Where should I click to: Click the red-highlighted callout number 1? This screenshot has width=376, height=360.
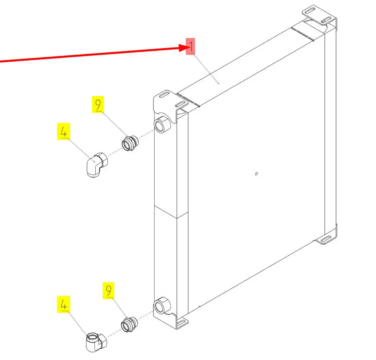tap(190, 46)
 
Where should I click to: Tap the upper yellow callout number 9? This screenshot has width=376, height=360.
tap(98, 105)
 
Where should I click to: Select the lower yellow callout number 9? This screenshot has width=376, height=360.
tap(109, 291)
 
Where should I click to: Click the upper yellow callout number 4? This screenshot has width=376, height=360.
tap(64, 131)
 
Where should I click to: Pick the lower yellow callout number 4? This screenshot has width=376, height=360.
tap(64, 304)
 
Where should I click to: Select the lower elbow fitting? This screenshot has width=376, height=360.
tap(97, 342)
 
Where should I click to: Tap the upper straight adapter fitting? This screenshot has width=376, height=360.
tap(130, 143)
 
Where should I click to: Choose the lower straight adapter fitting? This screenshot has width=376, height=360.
tap(129, 324)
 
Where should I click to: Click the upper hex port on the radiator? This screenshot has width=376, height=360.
tap(162, 124)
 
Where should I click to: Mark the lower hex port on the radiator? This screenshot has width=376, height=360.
tap(162, 305)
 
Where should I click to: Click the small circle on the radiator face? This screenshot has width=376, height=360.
tap(256, 174)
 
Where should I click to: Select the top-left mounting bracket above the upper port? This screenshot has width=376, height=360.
tap(170, 101)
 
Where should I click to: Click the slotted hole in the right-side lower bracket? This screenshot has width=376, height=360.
tap(326, 239)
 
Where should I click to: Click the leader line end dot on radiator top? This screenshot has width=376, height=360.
tap(218, 83)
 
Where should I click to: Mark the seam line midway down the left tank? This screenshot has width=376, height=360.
tap(171, 212)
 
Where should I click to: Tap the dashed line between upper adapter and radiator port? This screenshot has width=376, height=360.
tap(146, 134)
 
